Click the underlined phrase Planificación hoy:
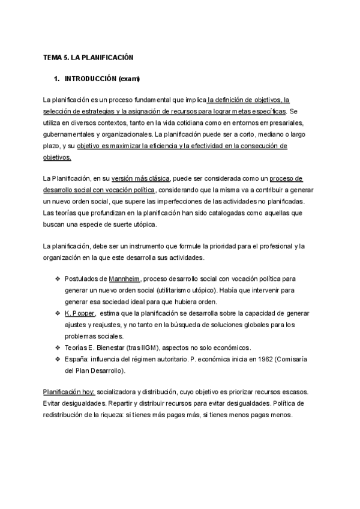[x=69, y=390]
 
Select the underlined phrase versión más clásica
[x=145, y=179]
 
